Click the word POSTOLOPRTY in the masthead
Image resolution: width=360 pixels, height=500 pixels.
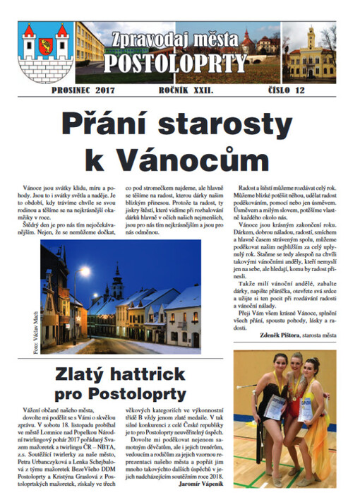click(x=176, y=65)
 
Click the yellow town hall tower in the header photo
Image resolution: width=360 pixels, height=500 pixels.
click(x=310, y=44)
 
